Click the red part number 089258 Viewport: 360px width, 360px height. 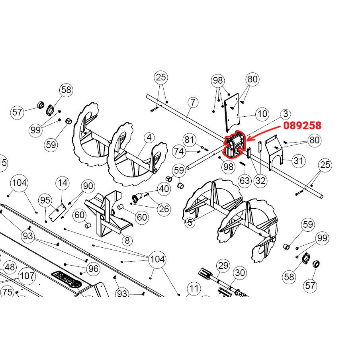(302, 125)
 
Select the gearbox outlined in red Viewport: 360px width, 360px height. (235, 146)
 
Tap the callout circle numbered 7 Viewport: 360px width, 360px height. (193, 103)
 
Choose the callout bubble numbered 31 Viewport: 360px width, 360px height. (298, 161)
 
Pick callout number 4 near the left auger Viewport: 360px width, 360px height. (149, 138)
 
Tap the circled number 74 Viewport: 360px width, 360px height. (179, 151)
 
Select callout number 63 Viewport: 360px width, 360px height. (245, 181)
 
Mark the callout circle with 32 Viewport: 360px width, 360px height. (260, 181)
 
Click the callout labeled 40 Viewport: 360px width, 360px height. (164, 189)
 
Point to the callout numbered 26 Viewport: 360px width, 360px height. (164, 208)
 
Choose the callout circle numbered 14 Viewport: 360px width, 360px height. (63, 183)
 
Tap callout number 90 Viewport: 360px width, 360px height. (88, 186)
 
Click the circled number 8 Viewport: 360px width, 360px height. (127, 241)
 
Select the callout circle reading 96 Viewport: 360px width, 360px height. (93, 269)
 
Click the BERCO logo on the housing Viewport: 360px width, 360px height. (66, 278)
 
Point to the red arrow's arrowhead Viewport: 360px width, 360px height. (248, 139)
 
